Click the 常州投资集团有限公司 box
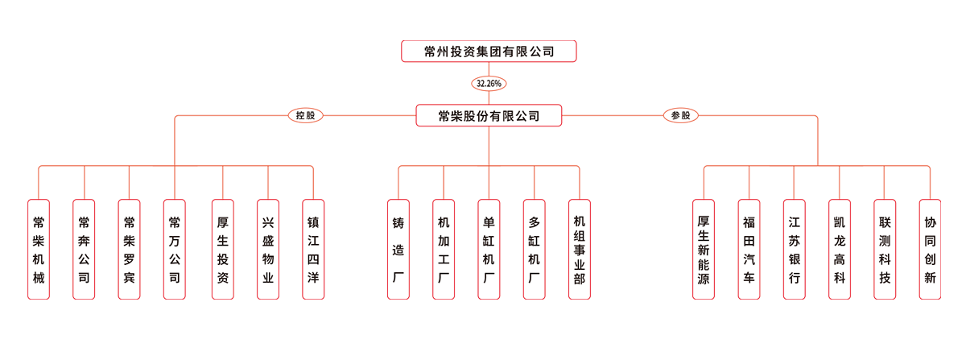[489, 52]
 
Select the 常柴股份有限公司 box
[489, 116]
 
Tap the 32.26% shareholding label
[489, 83]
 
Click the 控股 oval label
[305, 116]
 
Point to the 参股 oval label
[681, 116]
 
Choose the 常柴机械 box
[38, 250]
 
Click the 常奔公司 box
[83, 250]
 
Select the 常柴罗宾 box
[129, 250]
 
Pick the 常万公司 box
[174, 250]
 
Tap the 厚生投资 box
[223, 250]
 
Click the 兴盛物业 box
[268, 250]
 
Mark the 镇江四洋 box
[313, 250]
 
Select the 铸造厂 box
[398, 250]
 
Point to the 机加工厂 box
[443, 250]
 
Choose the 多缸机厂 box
[534, 250]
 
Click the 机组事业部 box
[579, 250]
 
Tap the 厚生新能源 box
[704, 250]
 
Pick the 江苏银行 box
[795, 250]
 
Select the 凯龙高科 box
[840, 250]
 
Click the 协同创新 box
[931, 250]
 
